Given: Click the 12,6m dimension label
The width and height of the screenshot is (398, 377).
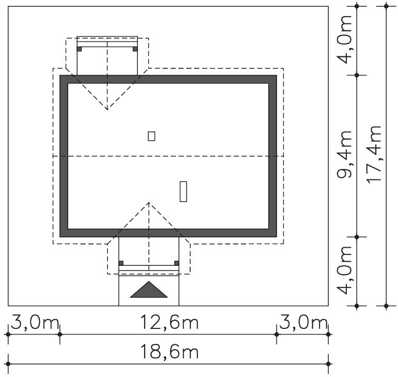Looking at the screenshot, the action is point(170,322).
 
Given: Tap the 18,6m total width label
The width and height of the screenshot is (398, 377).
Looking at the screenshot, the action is point(170,352).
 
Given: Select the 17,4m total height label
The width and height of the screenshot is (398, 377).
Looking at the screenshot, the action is point(374,154).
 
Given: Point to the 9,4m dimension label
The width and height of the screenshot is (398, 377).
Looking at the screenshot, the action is point(344,155).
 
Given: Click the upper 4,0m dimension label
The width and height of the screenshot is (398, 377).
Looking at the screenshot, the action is point(344,39).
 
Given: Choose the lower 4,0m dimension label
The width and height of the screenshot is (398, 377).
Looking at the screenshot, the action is point(344,270).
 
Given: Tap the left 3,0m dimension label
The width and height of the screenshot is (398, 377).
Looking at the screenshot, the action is point(35,322).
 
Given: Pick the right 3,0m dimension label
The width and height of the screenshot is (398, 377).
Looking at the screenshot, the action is point(303,322).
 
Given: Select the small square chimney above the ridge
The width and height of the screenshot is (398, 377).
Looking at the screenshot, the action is point(151,136).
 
